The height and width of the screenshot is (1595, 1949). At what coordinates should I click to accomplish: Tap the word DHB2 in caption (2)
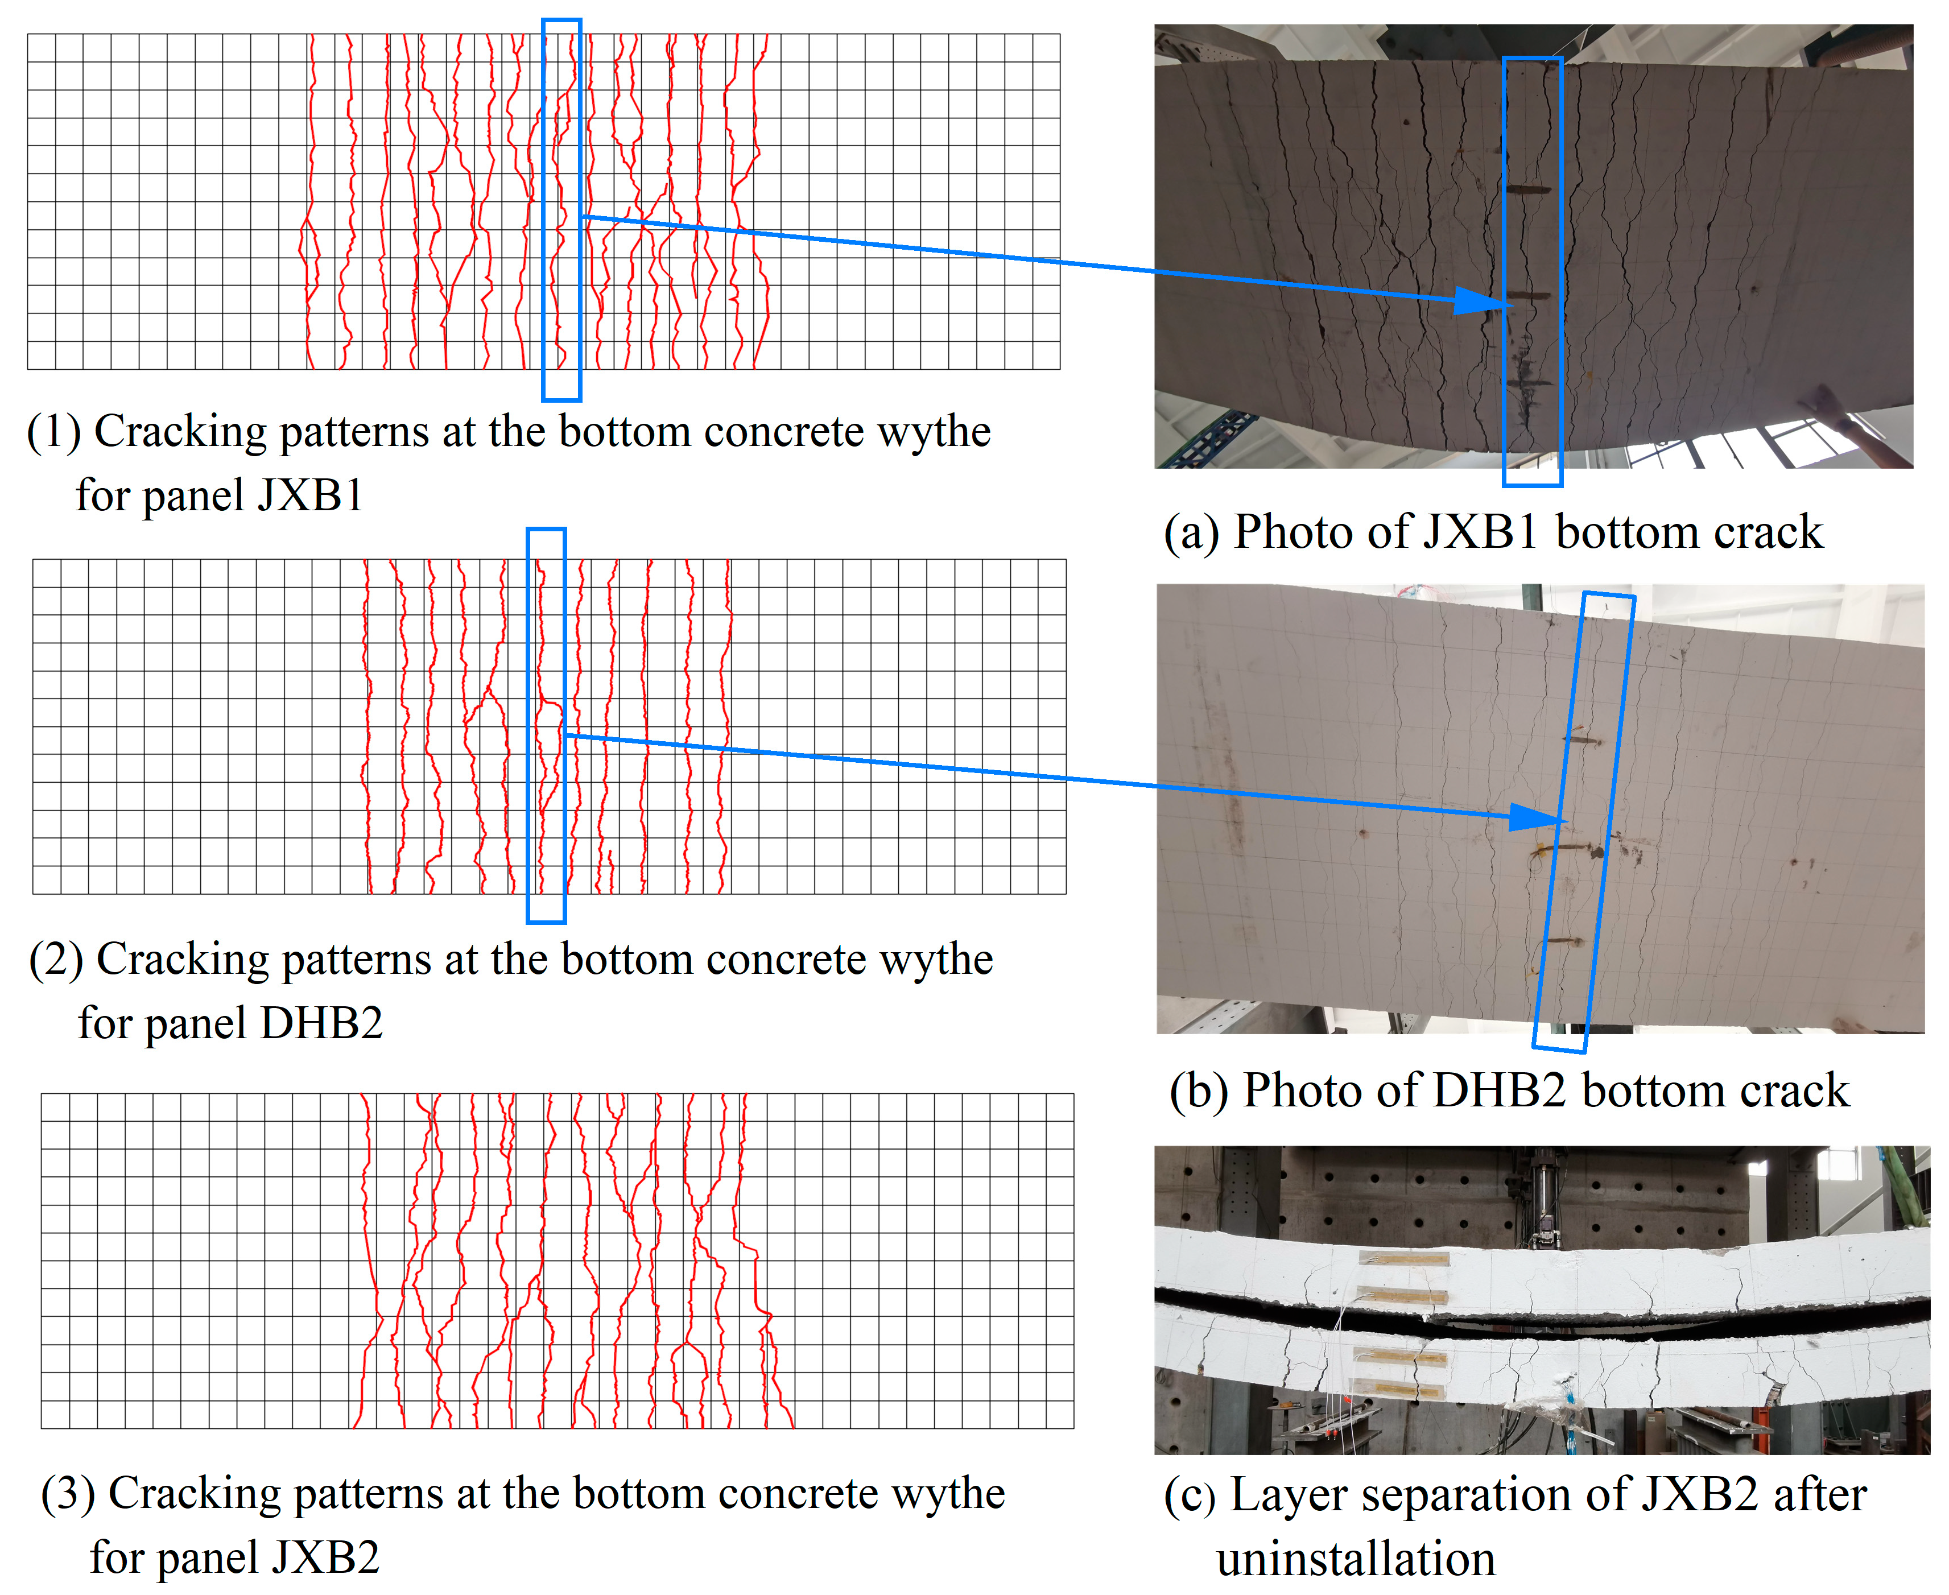pyautogui.click(x=321, y=1023)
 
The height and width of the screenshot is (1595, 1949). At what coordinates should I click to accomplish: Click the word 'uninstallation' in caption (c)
pyautogui.click(x=1356, y=1559)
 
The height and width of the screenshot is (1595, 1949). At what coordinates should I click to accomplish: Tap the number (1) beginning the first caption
pyautogui.click(x=53, y=432)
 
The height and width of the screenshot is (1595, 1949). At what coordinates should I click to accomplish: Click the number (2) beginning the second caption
pyautogui.click(x=56, y=959)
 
